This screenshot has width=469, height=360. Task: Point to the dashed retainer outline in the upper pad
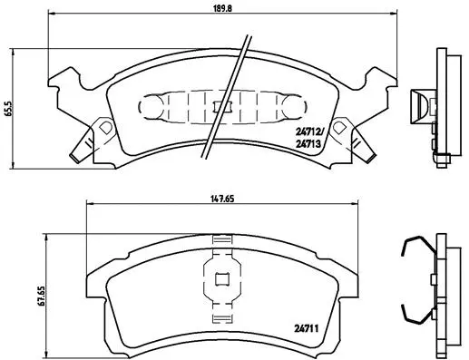(x=218, y=106)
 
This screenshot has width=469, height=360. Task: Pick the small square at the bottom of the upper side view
(x=443, y=160)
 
